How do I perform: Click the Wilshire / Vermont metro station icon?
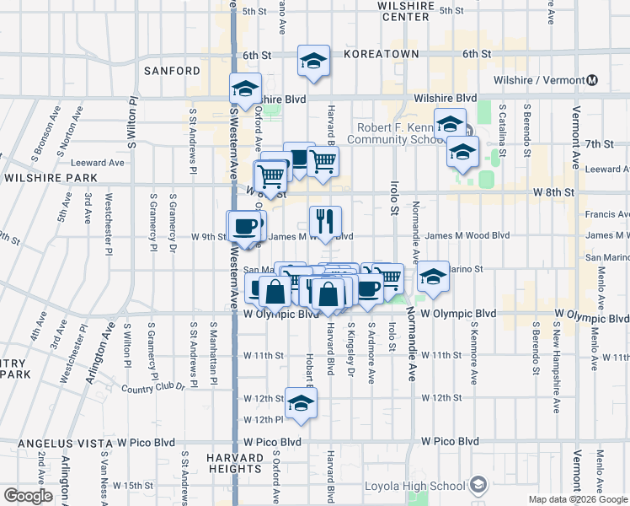(592, 80)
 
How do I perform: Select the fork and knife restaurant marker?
(325, 222)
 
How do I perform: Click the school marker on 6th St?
(313, 61)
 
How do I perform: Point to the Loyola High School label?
(414, 486)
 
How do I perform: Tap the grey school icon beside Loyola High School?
(478, 485)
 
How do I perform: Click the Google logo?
(27, 496)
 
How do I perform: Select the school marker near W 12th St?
(300, 403)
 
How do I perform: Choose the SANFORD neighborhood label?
(173, 71)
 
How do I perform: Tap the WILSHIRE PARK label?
(51, 179)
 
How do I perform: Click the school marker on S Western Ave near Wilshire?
(245, 89)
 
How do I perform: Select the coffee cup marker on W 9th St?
(245, 226)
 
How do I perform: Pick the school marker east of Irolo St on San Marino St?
(432, 276)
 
